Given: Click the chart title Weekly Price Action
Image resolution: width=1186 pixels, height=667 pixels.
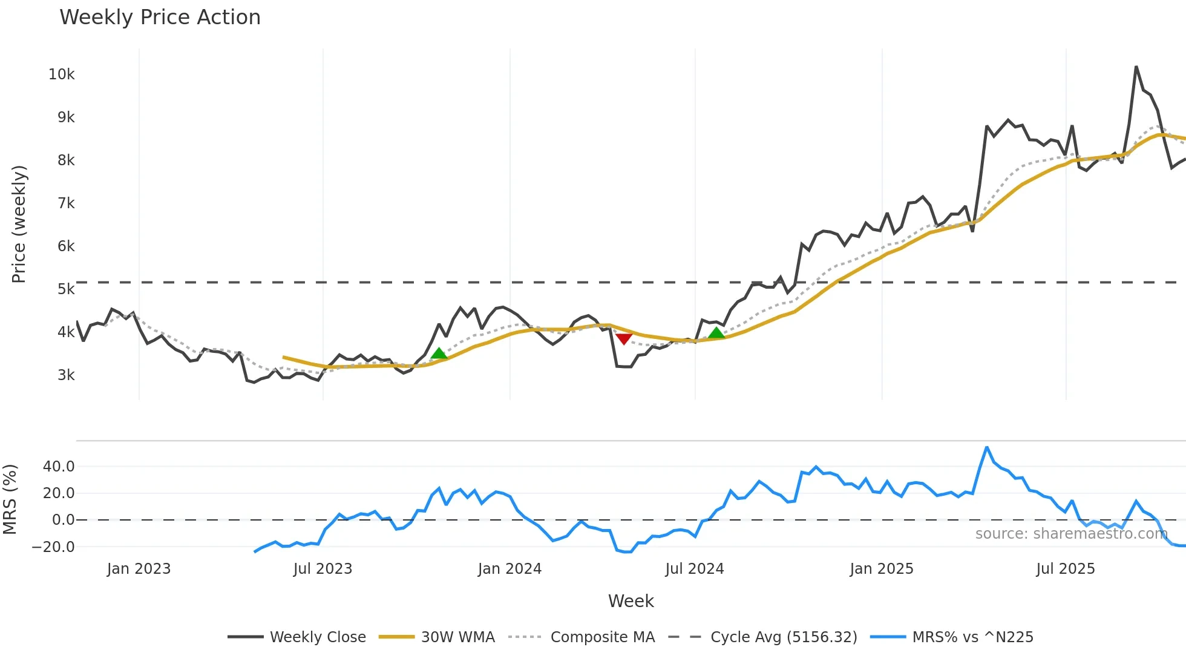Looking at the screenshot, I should tap(160, 18).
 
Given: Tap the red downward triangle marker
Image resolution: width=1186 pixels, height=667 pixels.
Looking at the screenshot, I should tap(624, 339).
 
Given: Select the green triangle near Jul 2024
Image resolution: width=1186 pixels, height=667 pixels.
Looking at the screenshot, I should tap(716, 332).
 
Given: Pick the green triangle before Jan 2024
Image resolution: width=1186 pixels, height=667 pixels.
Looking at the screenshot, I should tap(439, 353).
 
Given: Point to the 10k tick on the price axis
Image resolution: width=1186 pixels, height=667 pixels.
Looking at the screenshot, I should tap(61, 74).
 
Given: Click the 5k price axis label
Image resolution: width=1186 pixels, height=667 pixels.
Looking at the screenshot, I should tap(66, 289).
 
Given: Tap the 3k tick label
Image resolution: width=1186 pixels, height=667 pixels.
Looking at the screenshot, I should tap(66, 375).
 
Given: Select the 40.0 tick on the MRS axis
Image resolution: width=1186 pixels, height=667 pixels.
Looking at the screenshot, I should tap(59, 467).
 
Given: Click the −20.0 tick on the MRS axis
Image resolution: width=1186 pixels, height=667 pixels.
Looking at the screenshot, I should tap(53, 547).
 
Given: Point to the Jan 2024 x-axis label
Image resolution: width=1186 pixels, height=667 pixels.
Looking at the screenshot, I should tap(509, 569).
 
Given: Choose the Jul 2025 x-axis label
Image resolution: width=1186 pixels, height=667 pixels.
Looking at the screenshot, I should tap(1066, 569).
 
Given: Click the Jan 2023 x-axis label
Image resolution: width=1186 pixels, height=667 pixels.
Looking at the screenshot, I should tap(139, 569).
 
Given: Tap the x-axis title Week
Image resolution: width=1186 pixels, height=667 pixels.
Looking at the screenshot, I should tap(631, 601).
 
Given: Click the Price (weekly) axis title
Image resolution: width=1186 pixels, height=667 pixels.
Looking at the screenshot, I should tap(19, 224).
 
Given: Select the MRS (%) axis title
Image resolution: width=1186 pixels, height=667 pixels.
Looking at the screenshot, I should tap(10, 499).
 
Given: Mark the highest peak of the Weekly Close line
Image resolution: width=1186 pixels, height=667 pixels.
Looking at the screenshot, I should tap(1136, 67).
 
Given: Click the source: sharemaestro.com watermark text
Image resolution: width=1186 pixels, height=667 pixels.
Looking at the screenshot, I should tap(1071, 534).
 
